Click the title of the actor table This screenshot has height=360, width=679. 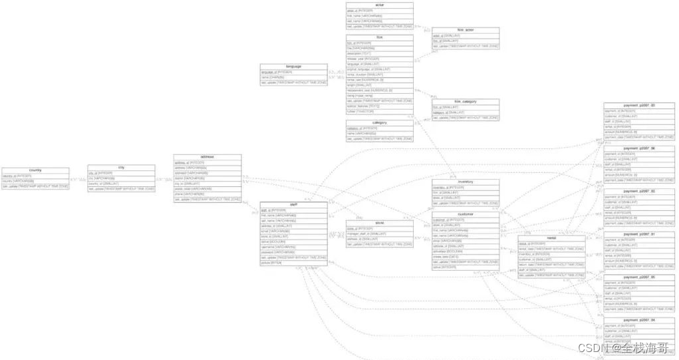click(x=379, y=5)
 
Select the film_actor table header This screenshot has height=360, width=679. click(x=465, y=30)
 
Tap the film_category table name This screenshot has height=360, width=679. click(x=465, y=102)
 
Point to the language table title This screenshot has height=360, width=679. click(x=293, y=67)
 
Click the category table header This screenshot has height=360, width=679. click(x=379, y=123)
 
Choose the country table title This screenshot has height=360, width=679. click(x=35, y=170)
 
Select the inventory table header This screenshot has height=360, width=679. click(x=465, y=182)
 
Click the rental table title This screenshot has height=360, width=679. click(x=551, y=238)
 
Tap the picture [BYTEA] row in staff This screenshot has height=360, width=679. click(x=272, y=263)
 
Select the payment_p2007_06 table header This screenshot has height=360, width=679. click(x=638, y=148)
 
